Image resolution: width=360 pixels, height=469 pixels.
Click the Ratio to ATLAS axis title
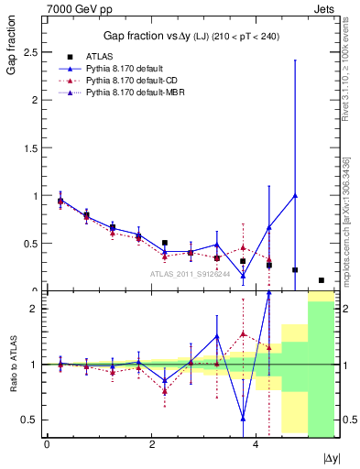point(11,364)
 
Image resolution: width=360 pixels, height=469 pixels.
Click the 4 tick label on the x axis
point(256,445)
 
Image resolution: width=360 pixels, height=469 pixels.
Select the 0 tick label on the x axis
point(47,445)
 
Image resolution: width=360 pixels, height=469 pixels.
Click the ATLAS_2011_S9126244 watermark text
point(189,273)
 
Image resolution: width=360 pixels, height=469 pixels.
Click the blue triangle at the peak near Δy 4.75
point(295,195)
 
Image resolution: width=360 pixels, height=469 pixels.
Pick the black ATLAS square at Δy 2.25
point(164,243)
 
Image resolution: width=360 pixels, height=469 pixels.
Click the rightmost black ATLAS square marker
point(321,280)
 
